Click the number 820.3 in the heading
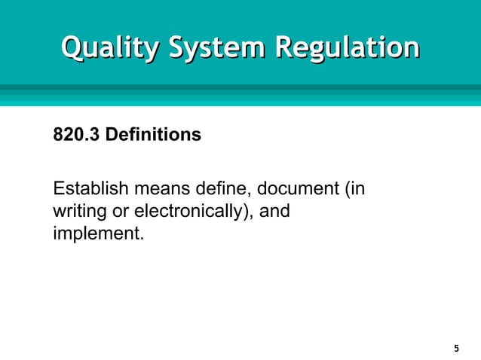tap(76, 136)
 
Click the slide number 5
tap(456, 349)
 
